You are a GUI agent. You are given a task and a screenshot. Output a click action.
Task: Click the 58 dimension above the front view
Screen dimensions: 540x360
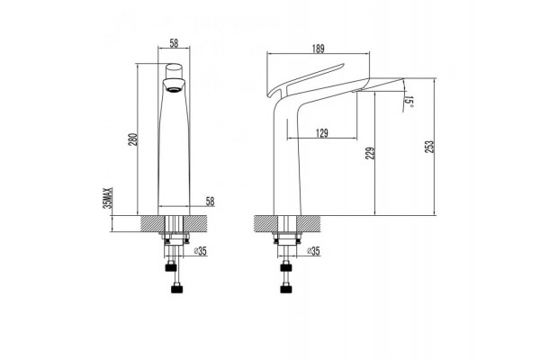175,43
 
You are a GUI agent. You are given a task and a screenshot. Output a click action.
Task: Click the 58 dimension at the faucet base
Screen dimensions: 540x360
210,202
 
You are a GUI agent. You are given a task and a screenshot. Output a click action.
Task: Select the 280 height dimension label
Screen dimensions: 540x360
133,139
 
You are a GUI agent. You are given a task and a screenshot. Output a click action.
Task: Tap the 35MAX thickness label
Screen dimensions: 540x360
108,198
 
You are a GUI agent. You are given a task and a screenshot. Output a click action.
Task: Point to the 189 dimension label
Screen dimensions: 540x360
319,49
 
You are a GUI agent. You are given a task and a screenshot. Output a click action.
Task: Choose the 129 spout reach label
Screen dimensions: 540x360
322,133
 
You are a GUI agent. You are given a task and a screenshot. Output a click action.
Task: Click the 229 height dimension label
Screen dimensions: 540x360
370,153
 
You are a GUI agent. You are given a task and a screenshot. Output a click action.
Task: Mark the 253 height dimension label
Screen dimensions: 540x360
429,147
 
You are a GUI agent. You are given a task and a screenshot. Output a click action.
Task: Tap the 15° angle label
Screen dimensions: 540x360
409,102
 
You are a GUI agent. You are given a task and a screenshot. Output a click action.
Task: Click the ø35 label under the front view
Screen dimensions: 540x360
200,251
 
